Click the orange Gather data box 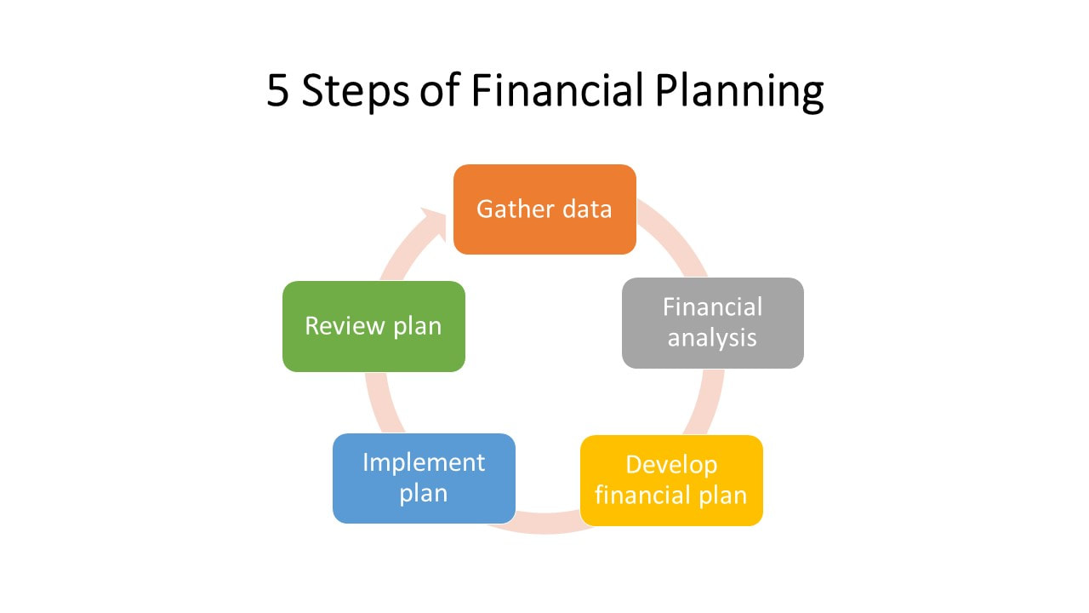coord(544,209)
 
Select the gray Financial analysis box coord(713,323)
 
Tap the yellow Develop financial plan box coord(671,480)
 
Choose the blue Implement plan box coord(424,478)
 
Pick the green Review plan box coord(373,326)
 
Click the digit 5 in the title coord(278,90)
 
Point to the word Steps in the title coord(356,91)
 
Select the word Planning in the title coord(739,91)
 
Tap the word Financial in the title coord(557,89)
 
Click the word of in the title coord(440,89)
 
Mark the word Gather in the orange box coord(516,209)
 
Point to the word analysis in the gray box coord(712,338)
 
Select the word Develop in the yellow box coord(671,466)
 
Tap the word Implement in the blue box coord(424,463)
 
